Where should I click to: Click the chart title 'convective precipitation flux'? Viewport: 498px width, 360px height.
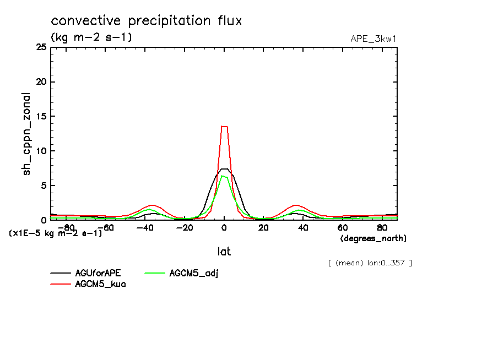146,21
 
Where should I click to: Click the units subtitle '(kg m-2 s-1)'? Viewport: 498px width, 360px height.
91,37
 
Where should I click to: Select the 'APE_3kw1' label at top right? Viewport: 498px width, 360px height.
373,39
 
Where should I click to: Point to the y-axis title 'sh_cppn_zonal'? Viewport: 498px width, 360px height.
26,134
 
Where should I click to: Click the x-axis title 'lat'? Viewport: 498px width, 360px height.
224,252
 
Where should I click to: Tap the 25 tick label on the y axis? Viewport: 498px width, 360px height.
41,47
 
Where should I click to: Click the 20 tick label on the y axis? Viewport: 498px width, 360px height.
41,82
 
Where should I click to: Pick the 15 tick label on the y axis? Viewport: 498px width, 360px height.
41,116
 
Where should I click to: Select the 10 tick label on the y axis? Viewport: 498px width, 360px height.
41,151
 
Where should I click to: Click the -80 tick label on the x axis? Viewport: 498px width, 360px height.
66,227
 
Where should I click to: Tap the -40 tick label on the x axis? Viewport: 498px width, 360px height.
145,227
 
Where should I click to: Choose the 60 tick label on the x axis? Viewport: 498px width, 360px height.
342,227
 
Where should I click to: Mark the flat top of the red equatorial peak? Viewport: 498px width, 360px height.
224,127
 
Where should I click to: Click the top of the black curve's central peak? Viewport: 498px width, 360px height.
224,169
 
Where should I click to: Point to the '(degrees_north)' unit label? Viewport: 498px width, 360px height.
373,238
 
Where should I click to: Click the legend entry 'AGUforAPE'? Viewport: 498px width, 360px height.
98,273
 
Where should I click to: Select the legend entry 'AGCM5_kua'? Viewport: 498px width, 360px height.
100,284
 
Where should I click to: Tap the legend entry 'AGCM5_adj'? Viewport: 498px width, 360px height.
194,273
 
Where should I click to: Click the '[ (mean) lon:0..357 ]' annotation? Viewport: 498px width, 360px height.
369,263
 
